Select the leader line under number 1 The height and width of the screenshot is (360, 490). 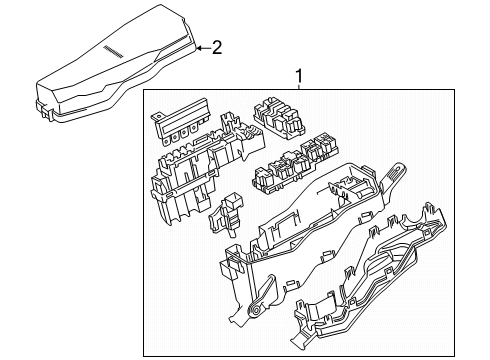point(298,84)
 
